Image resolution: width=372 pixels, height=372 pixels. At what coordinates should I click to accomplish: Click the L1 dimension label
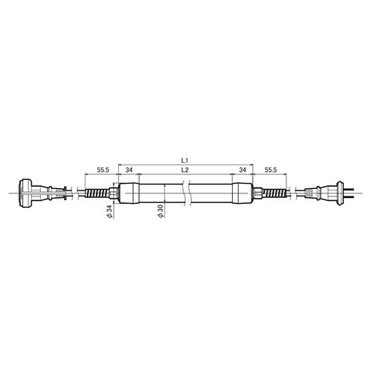click(185, 160)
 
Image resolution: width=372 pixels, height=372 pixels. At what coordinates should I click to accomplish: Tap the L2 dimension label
click(185, 170)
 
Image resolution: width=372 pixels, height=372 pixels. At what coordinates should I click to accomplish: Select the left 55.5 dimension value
click(103, 170)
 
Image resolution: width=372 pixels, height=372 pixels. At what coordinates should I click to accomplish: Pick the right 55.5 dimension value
click(271, 170)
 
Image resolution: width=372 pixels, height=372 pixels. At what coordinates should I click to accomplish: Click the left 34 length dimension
click(129, 170)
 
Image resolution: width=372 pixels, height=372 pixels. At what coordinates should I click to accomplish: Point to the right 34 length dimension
click(243, 170)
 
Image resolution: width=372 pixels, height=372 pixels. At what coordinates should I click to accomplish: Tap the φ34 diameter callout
click(109, 211)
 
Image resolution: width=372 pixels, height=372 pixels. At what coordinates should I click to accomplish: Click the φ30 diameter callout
click(161, 211)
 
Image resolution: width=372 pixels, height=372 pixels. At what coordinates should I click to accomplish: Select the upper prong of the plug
click(348, 189)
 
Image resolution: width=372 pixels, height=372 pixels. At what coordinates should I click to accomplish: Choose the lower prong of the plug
click(348, 197)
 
